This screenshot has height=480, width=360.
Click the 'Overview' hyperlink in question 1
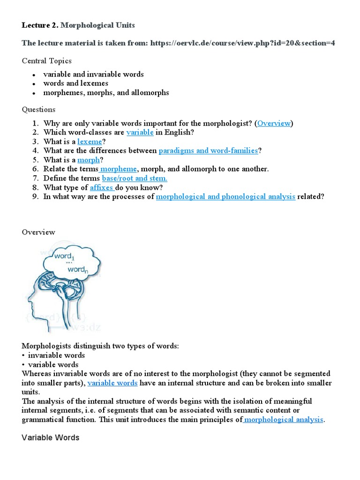point(274,123)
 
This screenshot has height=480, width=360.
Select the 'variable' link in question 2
point(140,132)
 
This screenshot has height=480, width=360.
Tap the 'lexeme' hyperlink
point(90,142)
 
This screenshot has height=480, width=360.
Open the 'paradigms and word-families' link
point(208,150)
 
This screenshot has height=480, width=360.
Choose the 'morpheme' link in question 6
point(119,169)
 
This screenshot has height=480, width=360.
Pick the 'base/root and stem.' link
point(135,178)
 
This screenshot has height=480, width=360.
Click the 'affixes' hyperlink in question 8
point(102,187)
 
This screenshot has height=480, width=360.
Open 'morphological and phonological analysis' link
point(225,196)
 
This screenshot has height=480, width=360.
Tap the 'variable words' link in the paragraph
point(112,383)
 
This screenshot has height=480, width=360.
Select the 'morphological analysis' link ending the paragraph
point(284,420)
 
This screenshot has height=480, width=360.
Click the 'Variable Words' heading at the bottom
point(51,437)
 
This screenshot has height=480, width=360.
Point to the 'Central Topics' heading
point(47,61)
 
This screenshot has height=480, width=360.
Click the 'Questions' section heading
point(39,109)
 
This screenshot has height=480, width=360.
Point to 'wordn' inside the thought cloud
point(76,270)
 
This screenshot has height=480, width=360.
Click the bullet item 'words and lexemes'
point(75,83)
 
